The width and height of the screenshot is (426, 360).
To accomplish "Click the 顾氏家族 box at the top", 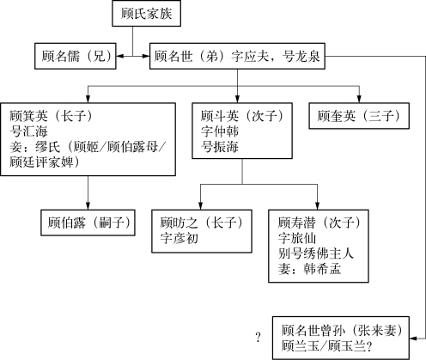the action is tap(146, 14).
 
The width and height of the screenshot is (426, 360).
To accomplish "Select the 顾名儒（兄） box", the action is tap(76, 56).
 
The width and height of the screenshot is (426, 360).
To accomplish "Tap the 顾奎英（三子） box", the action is tap(359, 116).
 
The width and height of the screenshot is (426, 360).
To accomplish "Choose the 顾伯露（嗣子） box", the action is tap(88, 223).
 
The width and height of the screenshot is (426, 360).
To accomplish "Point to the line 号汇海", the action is tap(28, 131).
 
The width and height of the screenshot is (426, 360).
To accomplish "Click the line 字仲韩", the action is tap(220, 131).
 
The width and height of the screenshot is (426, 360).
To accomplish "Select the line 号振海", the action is tap(220, 147).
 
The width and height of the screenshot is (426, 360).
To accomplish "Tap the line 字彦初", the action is tap(180, 238).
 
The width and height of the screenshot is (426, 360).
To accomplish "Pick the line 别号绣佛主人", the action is tap(316, 253).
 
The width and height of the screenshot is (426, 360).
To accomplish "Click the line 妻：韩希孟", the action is tap(309, 269).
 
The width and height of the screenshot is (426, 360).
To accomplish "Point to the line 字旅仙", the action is tap(297, 238).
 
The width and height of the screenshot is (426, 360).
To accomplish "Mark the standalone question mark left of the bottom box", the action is tap(259, 338).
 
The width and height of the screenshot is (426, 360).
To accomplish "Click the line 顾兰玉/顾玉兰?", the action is tap(326, 346).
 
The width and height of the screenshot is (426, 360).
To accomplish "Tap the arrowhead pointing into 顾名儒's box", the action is tap(119, 56).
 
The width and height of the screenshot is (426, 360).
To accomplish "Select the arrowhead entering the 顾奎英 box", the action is tap(359, 100).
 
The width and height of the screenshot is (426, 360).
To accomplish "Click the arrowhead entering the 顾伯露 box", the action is tap(88, 206).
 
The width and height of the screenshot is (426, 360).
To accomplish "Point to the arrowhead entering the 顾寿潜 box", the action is tap(317, 206).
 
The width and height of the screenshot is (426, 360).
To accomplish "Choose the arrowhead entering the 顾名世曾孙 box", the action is tap(413, 339).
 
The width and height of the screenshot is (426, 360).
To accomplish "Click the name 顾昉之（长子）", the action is tap(202, 223).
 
